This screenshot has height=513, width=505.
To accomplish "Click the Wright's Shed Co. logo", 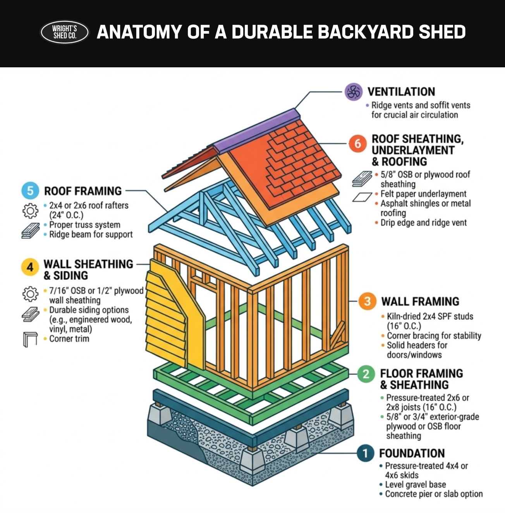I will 65,32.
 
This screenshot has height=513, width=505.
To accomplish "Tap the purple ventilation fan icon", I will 353,92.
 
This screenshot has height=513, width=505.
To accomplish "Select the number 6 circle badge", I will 357,144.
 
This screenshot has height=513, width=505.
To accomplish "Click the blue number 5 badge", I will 30,191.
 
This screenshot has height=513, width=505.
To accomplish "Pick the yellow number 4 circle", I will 30,267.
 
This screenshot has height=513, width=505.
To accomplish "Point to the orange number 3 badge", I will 367,301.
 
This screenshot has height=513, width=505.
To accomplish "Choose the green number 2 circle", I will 366,374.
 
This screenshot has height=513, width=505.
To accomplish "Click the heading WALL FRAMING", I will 420,301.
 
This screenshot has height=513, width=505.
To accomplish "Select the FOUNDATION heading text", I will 412,453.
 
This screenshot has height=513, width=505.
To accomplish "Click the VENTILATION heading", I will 401,92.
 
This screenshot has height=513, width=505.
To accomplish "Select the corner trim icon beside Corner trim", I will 30,339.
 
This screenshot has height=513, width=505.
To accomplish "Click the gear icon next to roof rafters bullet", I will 30,210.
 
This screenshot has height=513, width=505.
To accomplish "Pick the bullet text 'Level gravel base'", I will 415,484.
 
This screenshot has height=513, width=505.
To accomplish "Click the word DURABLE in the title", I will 273,32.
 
